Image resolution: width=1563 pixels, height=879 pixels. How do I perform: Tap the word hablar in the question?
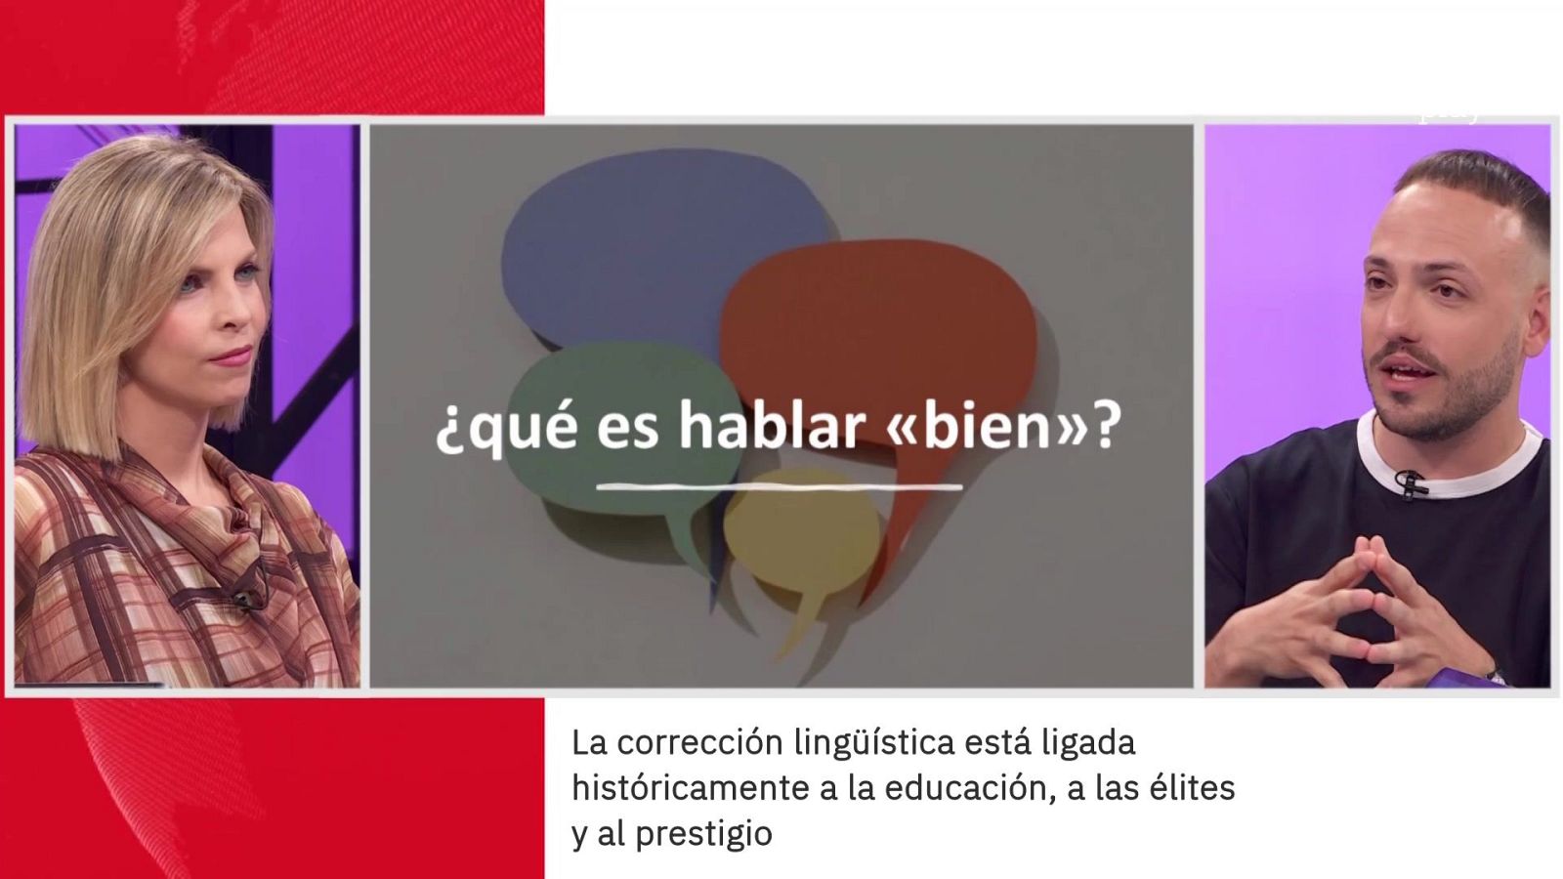click(x=771, y=427)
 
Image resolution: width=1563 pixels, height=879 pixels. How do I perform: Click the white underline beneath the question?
click(x=779, y=485)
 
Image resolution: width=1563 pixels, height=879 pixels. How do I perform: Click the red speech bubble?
click(x=879, y=322)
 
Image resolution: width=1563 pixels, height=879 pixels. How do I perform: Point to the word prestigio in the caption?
click(x=703, y=834)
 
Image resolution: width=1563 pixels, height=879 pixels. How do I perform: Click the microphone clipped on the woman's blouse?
click(x=243, y=596)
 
